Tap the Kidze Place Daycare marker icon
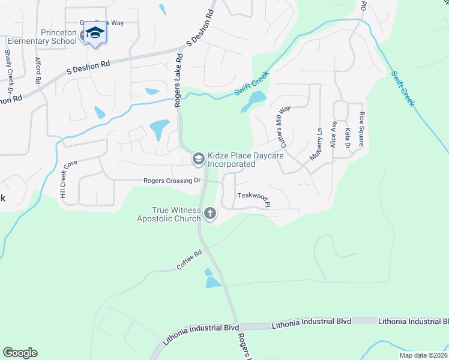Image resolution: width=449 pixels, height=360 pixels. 197,159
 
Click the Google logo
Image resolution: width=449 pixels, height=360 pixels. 20,353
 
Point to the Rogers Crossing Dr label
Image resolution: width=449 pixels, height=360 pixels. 172,181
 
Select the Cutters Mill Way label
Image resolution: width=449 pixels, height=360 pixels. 282,127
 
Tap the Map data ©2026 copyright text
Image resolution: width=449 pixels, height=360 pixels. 423,355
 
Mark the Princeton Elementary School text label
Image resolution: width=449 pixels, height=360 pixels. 42,37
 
